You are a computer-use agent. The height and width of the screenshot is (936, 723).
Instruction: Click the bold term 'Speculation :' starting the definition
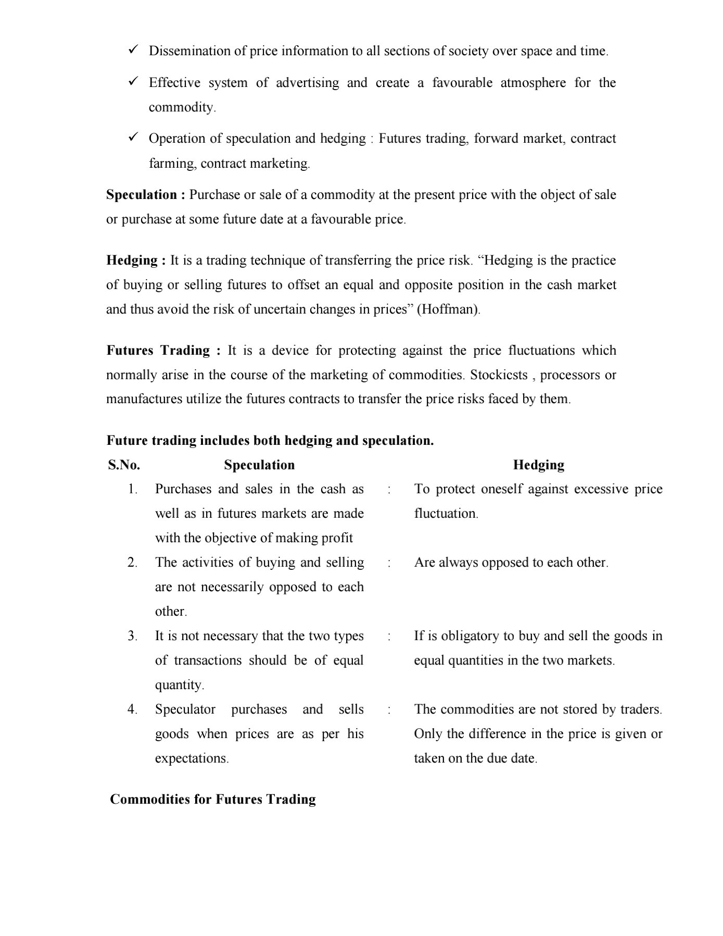coord(145,195)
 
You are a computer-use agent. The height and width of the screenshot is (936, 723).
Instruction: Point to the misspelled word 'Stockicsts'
coord(499,375)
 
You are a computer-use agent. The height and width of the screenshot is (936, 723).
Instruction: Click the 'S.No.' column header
coord(124,465)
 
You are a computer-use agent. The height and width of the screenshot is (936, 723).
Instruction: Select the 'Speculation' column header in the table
coord(259,465)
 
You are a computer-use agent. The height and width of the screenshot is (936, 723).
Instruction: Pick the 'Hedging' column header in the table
coord(538,465)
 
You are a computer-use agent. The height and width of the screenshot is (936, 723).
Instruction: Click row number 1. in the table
coord(133,489)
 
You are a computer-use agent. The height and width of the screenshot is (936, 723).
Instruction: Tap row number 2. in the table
coord(133,563)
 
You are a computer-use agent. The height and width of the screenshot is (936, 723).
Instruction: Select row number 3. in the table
coord(133,636)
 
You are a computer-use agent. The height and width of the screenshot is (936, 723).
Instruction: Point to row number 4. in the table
coord(133,709)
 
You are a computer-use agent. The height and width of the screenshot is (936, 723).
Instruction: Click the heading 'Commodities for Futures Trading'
coord(212,800)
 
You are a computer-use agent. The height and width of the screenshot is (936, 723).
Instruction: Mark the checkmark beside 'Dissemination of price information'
coord(133,50)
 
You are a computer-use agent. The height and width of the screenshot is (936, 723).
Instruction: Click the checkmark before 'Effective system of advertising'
coord(133,82)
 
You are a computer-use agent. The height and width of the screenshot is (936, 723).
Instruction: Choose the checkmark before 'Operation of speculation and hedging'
coord(133,138)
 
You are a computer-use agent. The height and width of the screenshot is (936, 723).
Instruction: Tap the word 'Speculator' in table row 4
coord(185,709)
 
